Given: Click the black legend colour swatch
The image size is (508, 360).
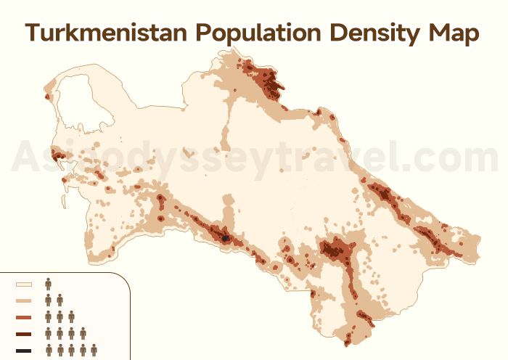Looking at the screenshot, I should point(24,351).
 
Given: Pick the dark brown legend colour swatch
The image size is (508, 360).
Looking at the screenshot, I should point(24,335).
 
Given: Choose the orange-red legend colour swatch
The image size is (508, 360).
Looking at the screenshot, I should point(24,317).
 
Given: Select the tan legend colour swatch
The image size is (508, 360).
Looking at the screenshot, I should point(24,300).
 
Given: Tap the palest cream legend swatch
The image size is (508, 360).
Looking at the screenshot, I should point(24,285).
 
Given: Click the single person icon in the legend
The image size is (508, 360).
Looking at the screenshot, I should point(49,283).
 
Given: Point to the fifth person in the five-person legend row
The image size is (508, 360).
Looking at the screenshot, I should point(94,351).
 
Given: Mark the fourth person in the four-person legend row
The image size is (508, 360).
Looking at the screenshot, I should point(83,334).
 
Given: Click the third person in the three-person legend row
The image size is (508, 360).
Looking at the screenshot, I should point(71,316).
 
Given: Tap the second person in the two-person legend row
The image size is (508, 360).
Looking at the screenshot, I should point(60,300).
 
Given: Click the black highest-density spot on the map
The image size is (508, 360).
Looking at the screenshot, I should point(226,237).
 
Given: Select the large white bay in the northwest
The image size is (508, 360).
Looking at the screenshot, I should point(80,109).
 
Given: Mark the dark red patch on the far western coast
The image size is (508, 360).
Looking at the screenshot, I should point(57,155).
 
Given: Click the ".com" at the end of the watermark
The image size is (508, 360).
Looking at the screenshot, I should point(454,156).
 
